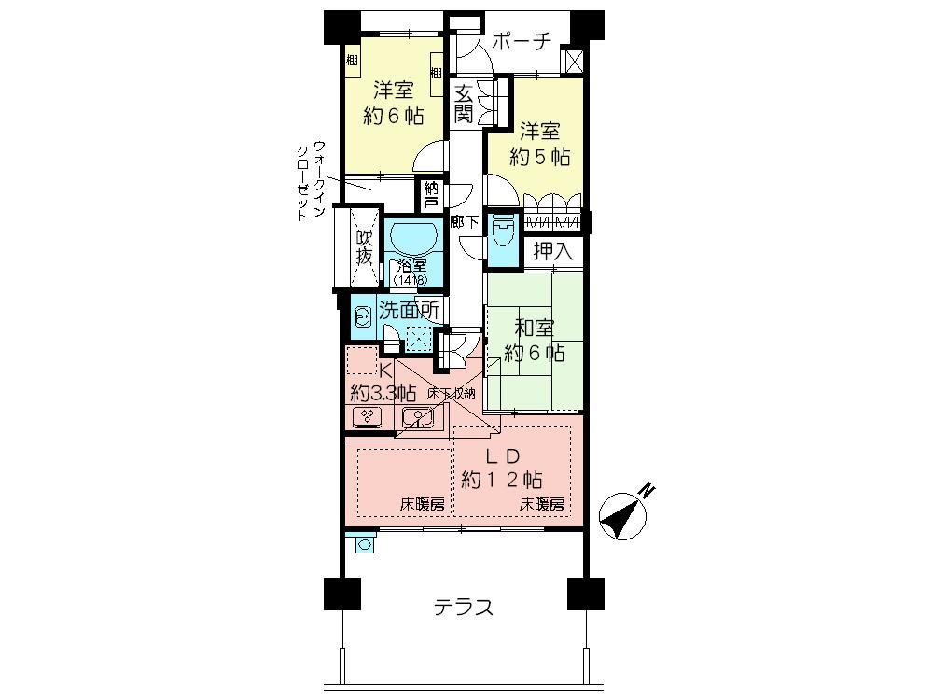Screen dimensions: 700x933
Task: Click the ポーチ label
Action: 521,41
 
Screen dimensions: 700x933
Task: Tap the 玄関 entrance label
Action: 464,103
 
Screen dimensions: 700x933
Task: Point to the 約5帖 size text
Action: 540,156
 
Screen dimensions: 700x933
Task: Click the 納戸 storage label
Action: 430,194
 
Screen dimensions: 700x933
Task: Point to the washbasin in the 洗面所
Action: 362,317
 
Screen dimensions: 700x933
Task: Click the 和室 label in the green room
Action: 535,329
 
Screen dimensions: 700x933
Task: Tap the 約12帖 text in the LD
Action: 502,480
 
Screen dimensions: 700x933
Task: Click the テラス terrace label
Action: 463,608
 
